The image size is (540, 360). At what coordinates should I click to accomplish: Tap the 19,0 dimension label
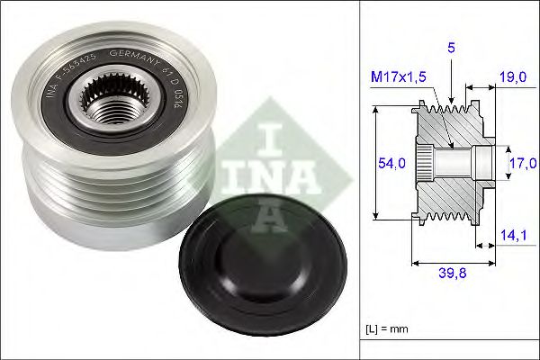click(x=513, y=78)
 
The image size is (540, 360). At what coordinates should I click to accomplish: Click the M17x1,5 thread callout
click(x=400, y=78)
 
